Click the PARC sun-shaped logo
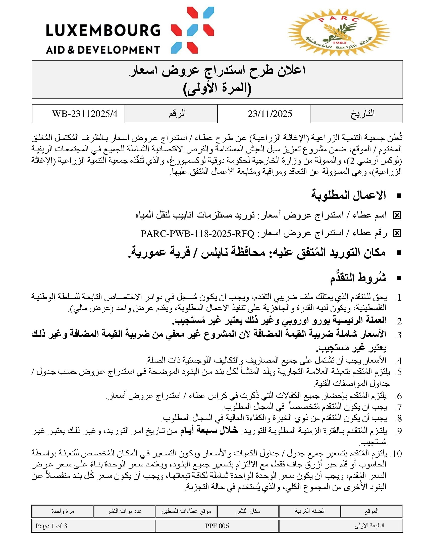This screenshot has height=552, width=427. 338,33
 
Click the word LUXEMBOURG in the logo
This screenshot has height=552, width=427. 103,31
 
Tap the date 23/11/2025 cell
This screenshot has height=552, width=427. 270,114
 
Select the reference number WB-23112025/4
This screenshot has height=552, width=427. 85,114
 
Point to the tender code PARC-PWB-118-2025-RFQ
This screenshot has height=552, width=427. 197,234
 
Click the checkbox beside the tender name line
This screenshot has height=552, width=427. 397,215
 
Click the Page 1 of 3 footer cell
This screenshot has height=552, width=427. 51,526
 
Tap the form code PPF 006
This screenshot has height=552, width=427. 217,526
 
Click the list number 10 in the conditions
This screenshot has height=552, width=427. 396,454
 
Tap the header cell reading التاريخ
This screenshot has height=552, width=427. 362,113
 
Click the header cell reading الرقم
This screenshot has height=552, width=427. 177,113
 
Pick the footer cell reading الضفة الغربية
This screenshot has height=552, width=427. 309,511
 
